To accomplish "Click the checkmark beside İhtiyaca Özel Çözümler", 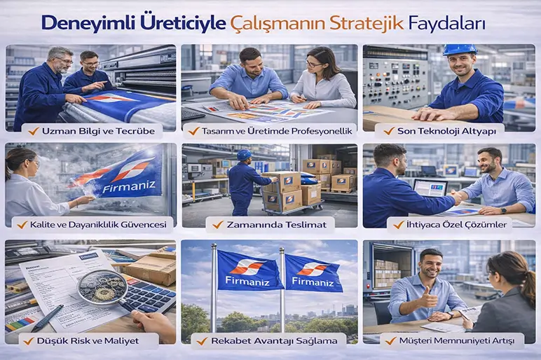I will tap(398, 224).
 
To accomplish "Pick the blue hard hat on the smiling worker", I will tap(460, 50).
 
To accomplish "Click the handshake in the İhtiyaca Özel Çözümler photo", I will tap(456, 198).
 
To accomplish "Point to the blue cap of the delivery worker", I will tap(244, 154).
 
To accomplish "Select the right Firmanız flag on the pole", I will tap(313, 272).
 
